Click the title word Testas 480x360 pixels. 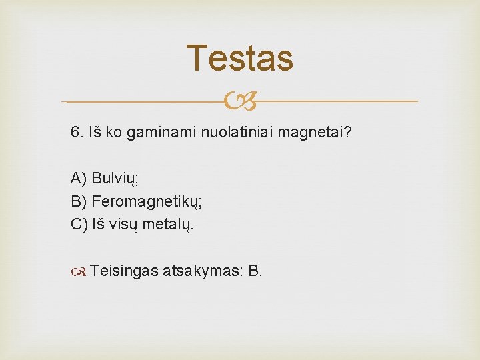(239, 58)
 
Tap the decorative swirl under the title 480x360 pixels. (239, 102)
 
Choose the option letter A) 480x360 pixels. (79, 178)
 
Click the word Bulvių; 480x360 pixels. (115, 178)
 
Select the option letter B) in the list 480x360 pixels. (79, 201)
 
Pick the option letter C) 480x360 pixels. (79, 223)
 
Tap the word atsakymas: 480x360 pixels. (203, 271)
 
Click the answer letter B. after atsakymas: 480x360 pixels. (255, 271)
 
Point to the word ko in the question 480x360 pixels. (113, 132)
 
